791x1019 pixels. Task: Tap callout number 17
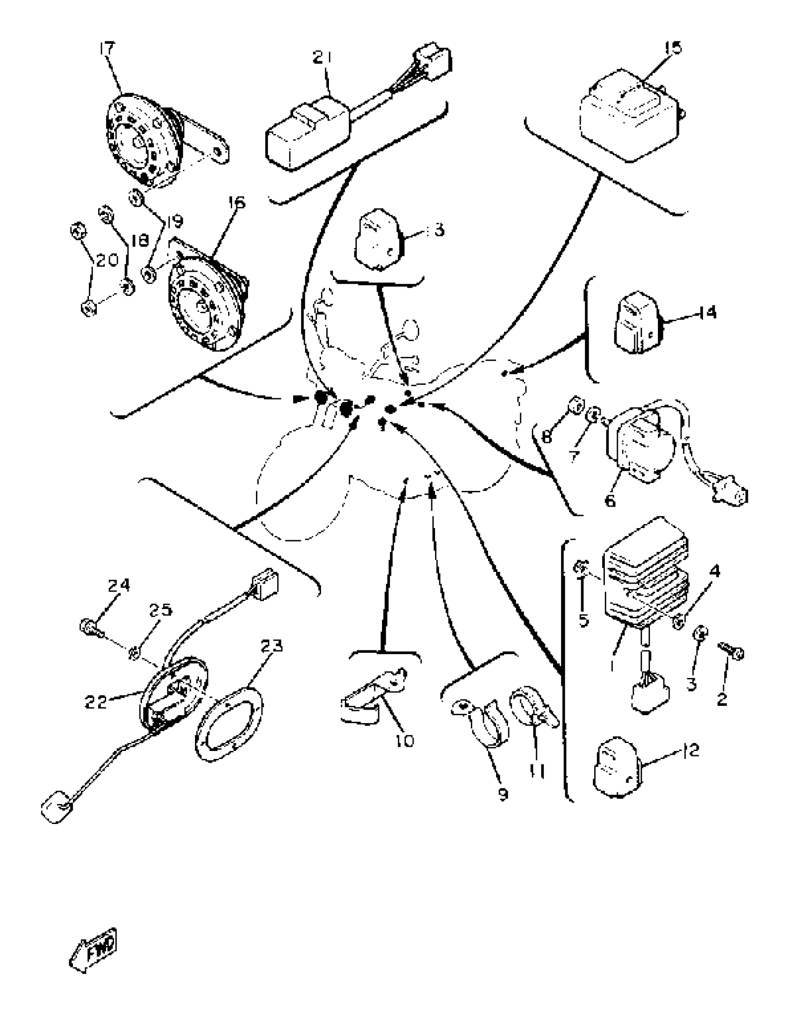[x=107, y=48]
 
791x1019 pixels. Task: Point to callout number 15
[x=673, y=47]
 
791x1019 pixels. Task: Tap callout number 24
[x=119, y=585]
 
